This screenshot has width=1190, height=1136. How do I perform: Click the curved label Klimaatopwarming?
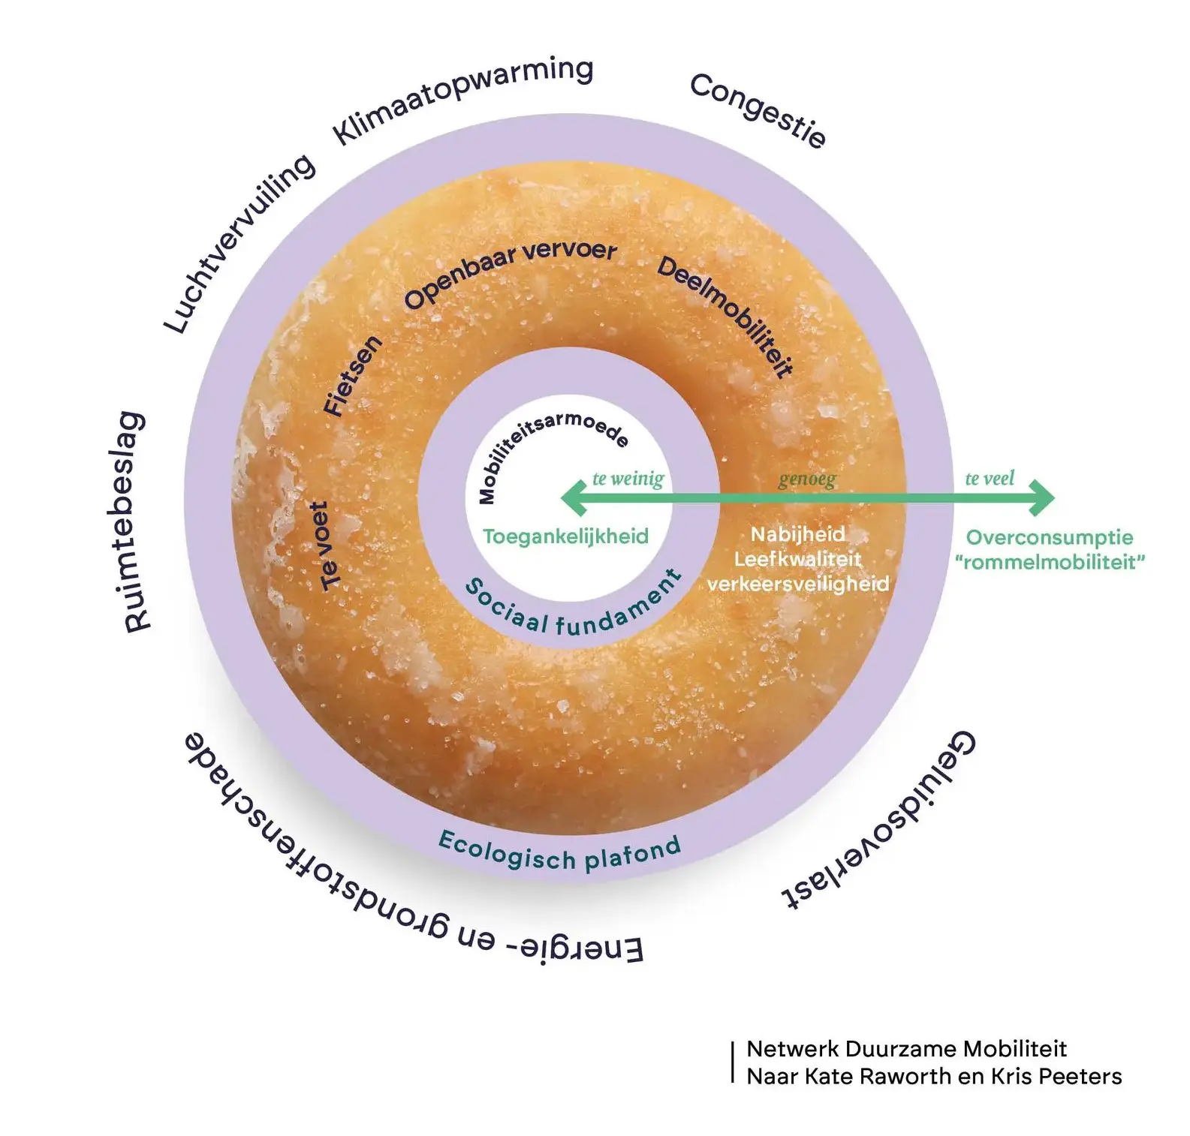pos(462,99)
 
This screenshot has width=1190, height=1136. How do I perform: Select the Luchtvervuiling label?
pos(240,243)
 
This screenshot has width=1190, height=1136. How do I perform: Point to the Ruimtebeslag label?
pos(134,522)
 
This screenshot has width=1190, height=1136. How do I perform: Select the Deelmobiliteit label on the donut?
pos(726,315)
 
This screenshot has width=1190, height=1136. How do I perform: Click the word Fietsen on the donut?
pos(352,376)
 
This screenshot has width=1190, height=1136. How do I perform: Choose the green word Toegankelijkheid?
pos(565,536)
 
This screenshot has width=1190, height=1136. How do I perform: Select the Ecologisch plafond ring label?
pos(559,852)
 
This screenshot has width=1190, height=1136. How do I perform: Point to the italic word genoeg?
pos(806,479)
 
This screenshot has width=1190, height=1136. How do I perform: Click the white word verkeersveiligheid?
pos(798,584)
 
